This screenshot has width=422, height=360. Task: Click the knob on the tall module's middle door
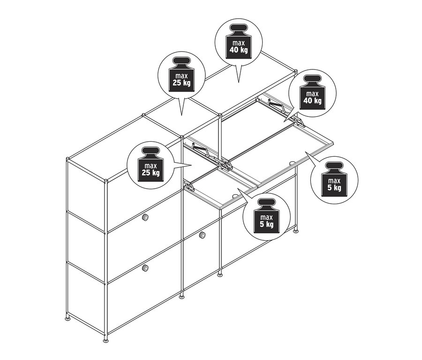(x=145, y=217)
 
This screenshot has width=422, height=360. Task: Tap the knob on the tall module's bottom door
(x=146, y=268)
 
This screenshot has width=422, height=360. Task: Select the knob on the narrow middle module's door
(x=202, y=235)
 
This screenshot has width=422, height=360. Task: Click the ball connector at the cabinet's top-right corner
(x=295, y=71)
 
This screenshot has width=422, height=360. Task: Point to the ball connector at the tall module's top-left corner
(x=68, y=159)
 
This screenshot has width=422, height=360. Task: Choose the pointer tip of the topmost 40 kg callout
(x=238, y=82)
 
